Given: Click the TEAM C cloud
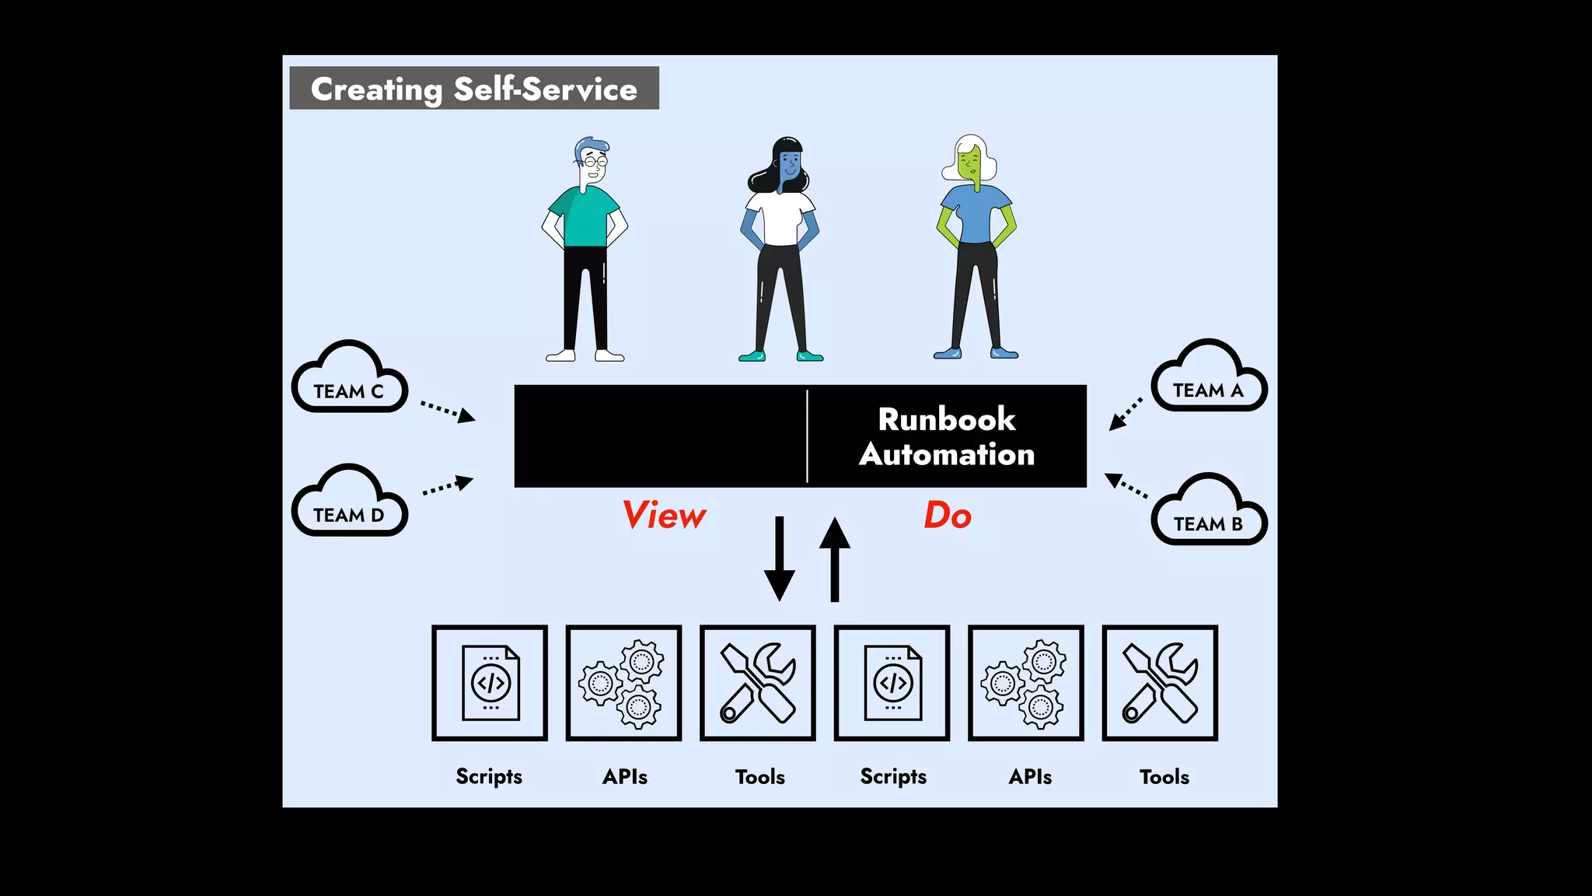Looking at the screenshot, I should pyautogui.click(x=349, y=380).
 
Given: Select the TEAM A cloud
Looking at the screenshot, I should pyautogui.click(x=1208, y=379).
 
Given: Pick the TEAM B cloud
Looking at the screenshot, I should pyautogui.click(x=1208, y=513).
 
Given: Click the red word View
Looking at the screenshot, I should pyautogui.click(x=664, y=516).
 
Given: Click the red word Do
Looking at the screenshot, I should pyautogui.click(x=948, y=516).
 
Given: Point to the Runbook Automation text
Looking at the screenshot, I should pyautogui.click(x=946, y=436).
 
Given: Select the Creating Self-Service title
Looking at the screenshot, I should pyautogui.click(x=474, y=89).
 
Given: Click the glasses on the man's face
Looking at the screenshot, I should pyautogui.click(x=595, y=162).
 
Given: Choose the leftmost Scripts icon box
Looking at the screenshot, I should pyautogui.click(x=490, y=683).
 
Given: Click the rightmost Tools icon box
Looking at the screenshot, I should pyautogui.click(x=1160, y=683).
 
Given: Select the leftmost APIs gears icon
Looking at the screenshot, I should pyautogui.click(x=623, y=683).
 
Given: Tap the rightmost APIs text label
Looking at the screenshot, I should pyautogui.click(x=1030, y=776).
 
